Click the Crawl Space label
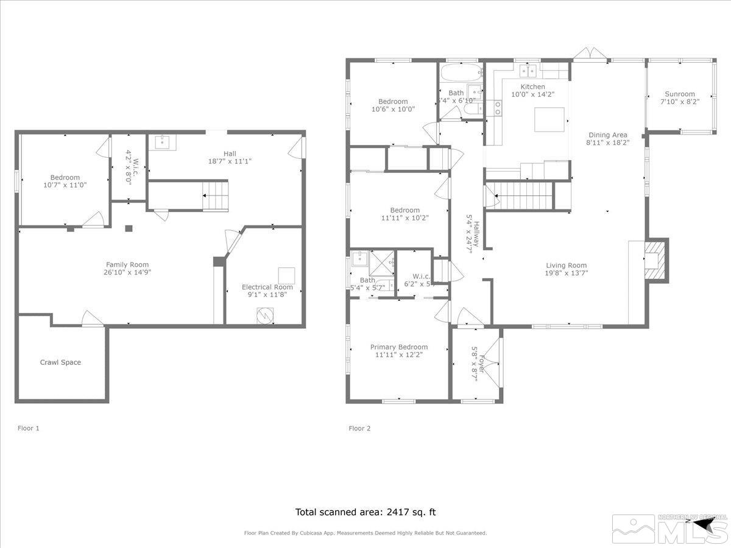coord(60,362)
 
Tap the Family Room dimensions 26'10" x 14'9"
coord(127,273)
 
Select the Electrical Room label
coord(267,287)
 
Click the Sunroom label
coord(679,94)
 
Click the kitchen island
coord(549,119)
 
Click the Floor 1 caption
coord(29,428)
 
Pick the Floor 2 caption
coord(359,428)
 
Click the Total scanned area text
coord(365,512)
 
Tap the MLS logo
coord(669,530)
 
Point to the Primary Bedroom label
coord(399,347)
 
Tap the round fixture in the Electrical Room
coord(264,316)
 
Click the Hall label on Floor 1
coord(229,153)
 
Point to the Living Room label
coord(566,265)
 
